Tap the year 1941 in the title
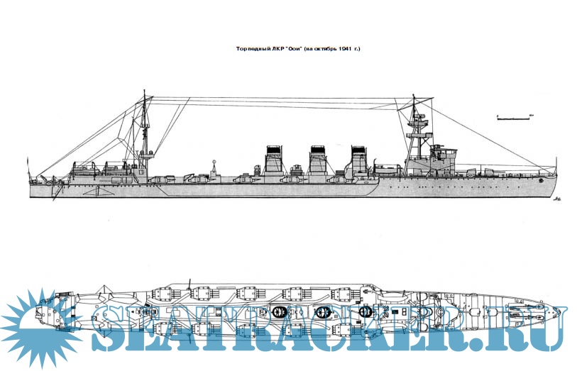(x=344, y=49)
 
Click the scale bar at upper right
(x=515, y=118)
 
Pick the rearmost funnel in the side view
(x=273, y=161)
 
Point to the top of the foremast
(x=413, y=99)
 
